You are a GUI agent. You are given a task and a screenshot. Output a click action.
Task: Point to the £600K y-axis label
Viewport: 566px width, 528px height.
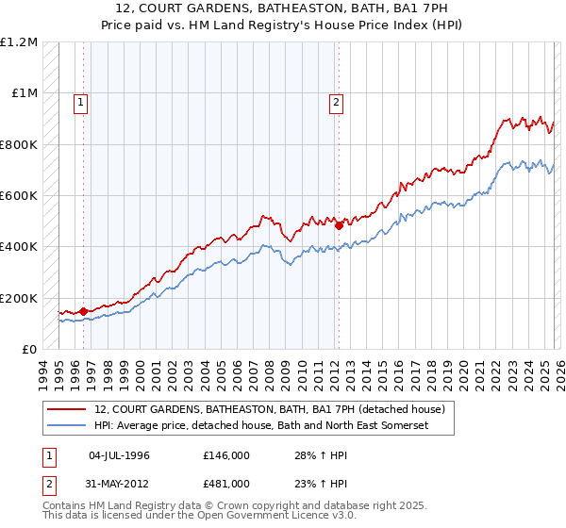click(19, 196)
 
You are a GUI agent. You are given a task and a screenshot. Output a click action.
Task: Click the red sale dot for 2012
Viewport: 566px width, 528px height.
click(338, 225)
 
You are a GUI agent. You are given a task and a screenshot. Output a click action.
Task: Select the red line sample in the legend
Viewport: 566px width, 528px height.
click(67, 409)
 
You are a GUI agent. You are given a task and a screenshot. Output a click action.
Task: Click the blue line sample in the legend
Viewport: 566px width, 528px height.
click(67, 426)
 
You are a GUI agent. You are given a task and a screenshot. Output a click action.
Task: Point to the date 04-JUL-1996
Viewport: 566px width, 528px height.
click(119, 455)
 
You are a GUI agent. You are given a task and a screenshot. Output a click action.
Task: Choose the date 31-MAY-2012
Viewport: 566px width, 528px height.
click(119, 484)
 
